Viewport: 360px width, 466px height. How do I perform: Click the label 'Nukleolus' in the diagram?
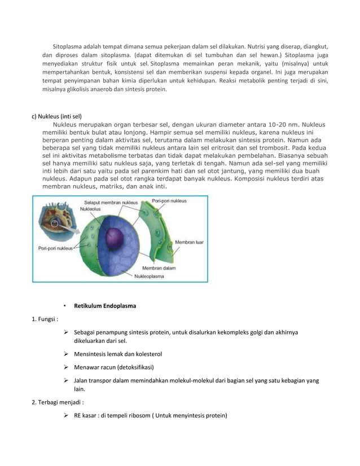(x=91, y=208)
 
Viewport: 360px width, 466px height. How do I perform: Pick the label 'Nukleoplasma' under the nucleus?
(x=151, y=276)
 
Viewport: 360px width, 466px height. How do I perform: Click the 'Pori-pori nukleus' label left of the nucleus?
(x=56, y=247)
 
